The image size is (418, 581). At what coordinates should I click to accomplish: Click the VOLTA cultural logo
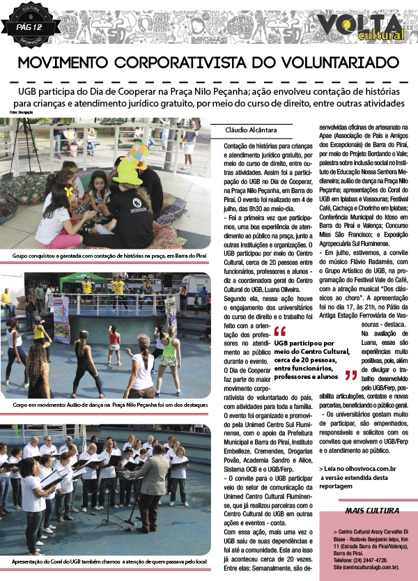(362, 26)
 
